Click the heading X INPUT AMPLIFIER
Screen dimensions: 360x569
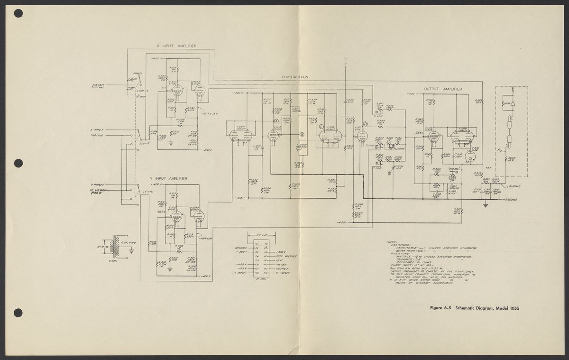[176, 46]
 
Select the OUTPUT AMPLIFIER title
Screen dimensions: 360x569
[443, 89]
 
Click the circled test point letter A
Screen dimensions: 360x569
[275, 121]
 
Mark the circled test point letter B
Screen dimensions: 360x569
[302, 135]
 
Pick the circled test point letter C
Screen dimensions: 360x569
[321, 126]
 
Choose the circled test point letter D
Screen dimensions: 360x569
[365, 124]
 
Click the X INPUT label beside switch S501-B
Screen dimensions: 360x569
[98, 129]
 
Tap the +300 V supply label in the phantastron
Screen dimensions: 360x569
[239, 93]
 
